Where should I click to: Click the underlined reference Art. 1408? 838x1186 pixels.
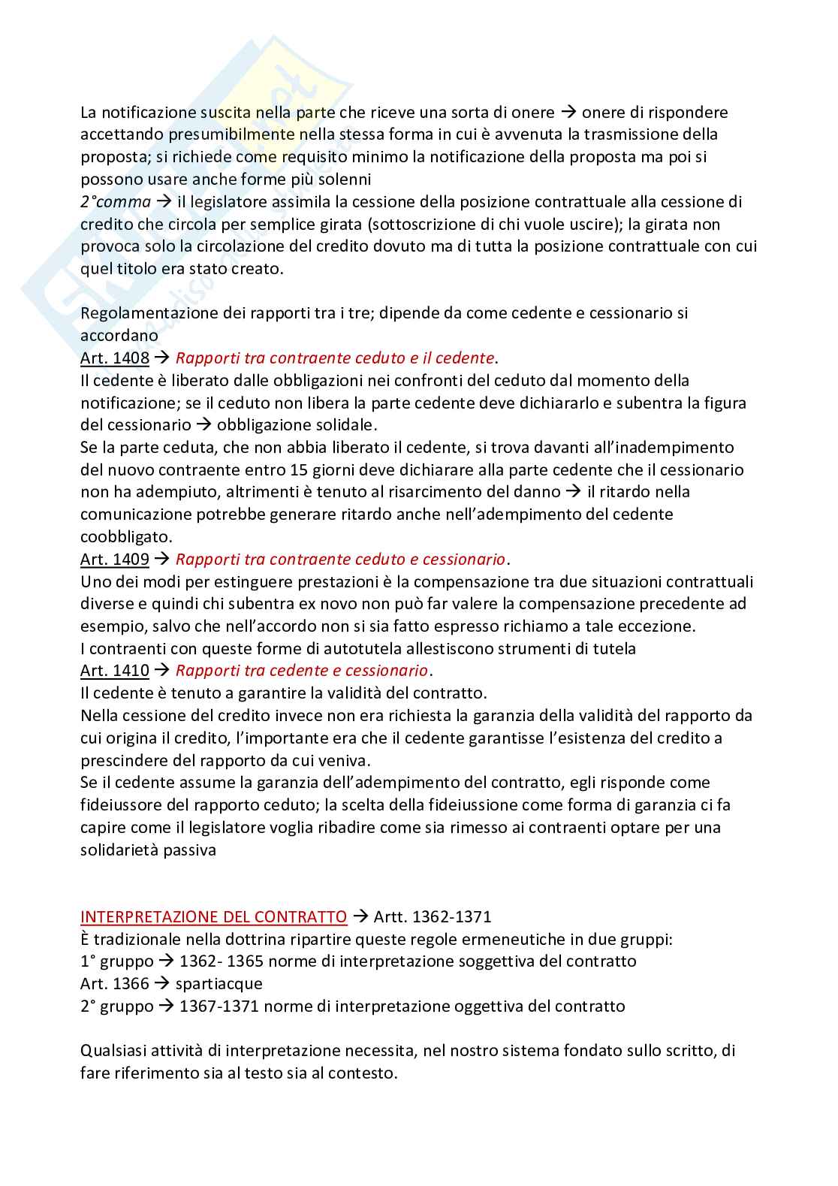pyautogui.click(x=115, y=358)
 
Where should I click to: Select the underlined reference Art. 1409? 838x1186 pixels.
pyautogui.click(x=115, y=560)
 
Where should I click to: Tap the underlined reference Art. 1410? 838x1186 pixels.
pyautogui.click(x=115, y=671)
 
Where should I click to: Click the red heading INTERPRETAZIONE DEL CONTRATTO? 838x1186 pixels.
pyautogui.click(x=214, y=917)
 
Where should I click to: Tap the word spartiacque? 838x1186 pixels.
pyautogui.click(x=219, y=984)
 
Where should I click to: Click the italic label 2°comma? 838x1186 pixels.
pyautogui.click(x=116, y=202)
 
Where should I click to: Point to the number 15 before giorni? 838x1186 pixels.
pyautogui.click(x=297, y=470)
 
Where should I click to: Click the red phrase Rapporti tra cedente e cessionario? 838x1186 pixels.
pyautogui.click(x=301, y=671)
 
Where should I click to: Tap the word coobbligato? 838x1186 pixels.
pyautogui.click(x=126, y=537)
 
